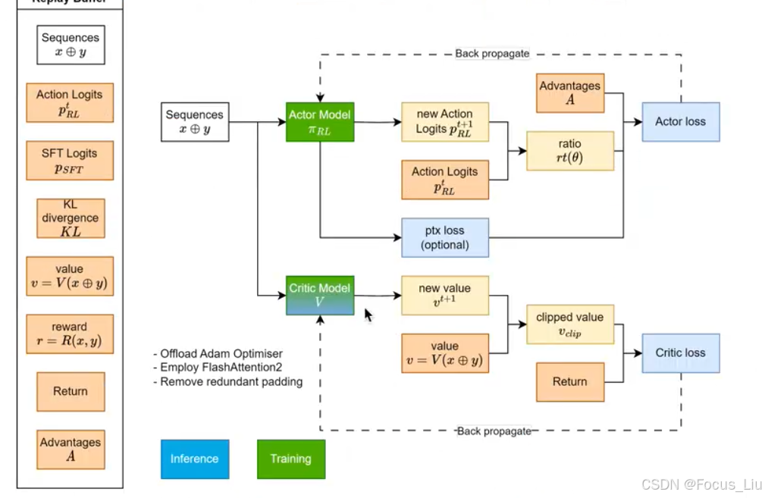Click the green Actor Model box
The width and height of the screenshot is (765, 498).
click(320, 122)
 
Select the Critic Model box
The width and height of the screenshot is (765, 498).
click(320, 295)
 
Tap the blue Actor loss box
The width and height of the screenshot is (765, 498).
click(680, 122)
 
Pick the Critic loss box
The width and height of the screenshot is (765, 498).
click(680, 353)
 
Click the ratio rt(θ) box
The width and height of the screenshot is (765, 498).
click(570, 151)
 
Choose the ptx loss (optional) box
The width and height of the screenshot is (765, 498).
click(444, 237)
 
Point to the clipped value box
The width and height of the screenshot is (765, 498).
click(569, 324)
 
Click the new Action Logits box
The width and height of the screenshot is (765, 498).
click(444, 122)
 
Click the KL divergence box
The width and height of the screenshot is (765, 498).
click(70, 218)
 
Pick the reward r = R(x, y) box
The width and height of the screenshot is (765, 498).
click(70, 334)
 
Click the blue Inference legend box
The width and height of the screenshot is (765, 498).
click(194, 459)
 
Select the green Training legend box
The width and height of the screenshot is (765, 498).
click(290, 459)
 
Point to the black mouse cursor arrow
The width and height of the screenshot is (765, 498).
click(368, 315)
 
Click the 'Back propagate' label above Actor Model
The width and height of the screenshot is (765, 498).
click(492, 54)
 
